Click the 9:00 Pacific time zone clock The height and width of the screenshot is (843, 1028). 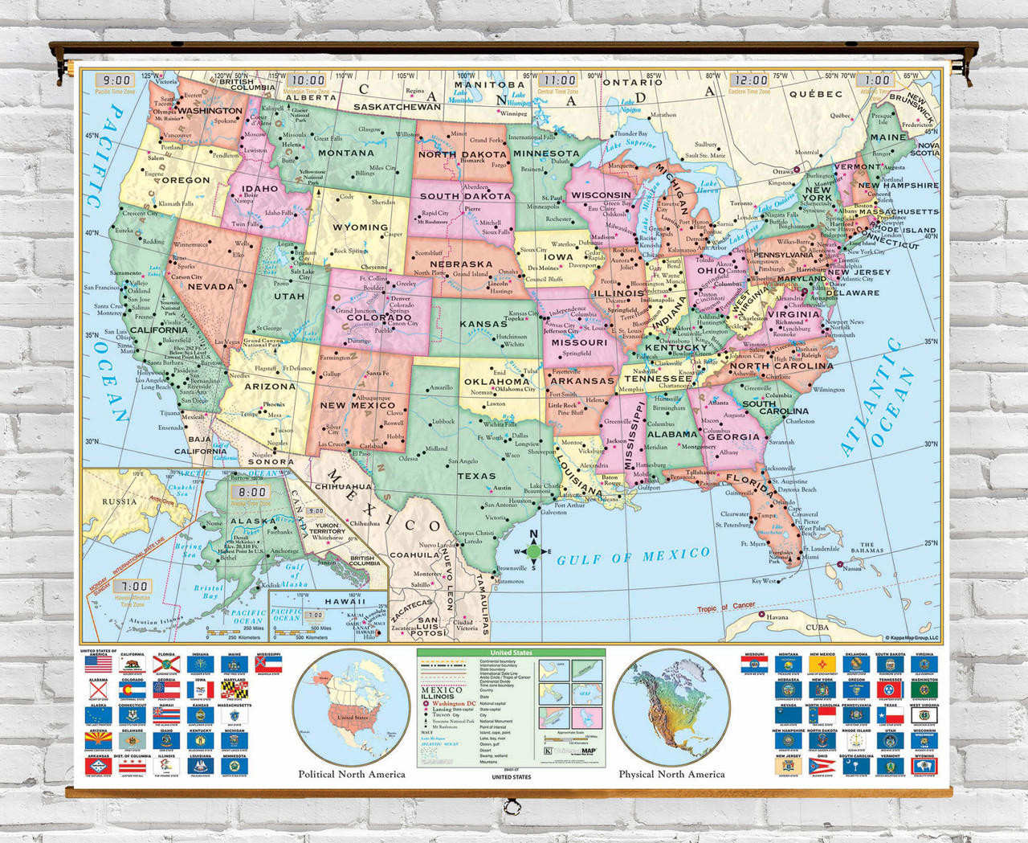pyautogui.click(x=117, y=80)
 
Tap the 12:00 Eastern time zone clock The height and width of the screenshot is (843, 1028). pyautogui.click(x=750, y=80)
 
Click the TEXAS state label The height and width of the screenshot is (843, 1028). pyautogui.click(x=476, y=476)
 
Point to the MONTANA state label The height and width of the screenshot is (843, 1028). pyautogui.click(x=346, y=153)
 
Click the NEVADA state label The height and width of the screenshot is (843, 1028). pyautogui.click(x=210, y=286)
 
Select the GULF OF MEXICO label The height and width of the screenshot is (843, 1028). pyautogui.click(x=634, y=556)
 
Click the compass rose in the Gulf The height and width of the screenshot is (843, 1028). pyautogui.click(x=533, y=551)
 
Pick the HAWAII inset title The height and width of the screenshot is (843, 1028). pyautogui.click(x=345, y=601)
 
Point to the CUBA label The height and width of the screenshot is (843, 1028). pyautogui.click(x=817, y=627)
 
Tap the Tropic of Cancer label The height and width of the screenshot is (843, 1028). pyautogui.click(x=725, y=608)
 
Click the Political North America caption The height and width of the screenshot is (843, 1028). pyautogui.click(x=351, y=774)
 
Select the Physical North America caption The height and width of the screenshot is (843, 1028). pyautogui.click(x=671, y=774)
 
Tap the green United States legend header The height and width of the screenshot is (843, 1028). pyautogui.click(x=511, y=653)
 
